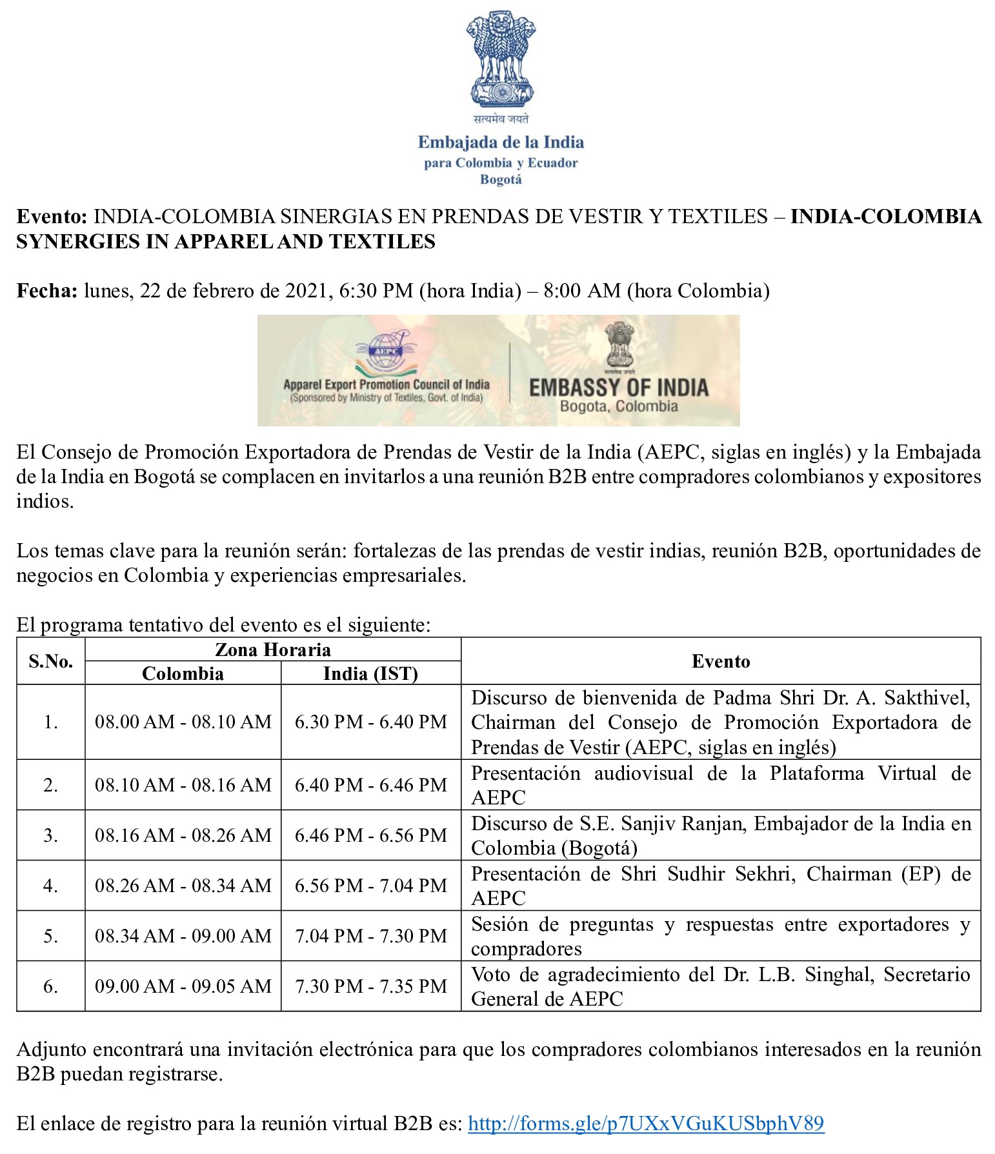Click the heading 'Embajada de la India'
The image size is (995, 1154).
coord(501,142)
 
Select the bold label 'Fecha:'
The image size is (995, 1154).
coord(47,291)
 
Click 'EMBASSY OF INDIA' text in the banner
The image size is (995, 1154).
coord(618,387)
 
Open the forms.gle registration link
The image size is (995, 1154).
coord(645,1124)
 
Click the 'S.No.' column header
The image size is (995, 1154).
coord(50,661)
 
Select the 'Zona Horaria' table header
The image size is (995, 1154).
coord(272,650)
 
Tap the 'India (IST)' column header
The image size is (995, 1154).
coord(370,673)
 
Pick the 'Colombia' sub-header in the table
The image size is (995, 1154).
coord(183,673)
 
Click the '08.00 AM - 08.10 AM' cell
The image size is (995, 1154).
coord(183,722)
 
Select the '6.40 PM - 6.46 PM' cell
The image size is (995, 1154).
coord(370,785)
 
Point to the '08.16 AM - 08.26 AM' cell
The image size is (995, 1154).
coord(183,835)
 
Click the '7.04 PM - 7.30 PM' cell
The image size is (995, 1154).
coord(370,936)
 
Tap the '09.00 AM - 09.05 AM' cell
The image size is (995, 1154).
coord(183,986)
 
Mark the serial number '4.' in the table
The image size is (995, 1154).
coord(50,886)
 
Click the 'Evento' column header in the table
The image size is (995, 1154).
coord(720,661)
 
